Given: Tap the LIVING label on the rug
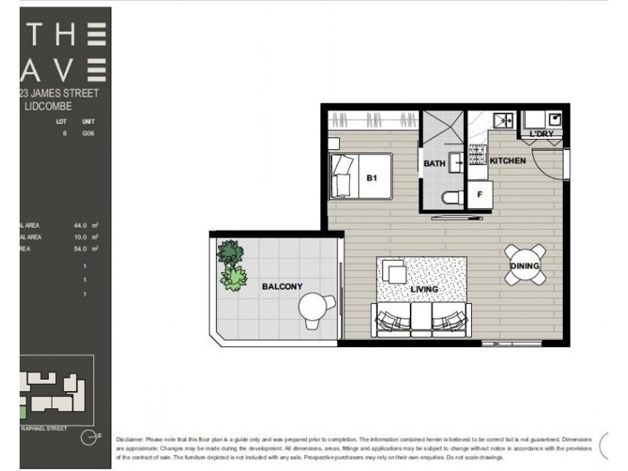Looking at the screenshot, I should coord(424,290).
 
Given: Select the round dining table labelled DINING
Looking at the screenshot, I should coord(524,265).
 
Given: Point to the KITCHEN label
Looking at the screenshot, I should coord(507,161).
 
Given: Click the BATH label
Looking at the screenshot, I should coord(434,164).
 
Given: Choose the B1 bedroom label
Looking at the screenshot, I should coord(372,178).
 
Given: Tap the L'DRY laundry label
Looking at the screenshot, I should coord(542,134).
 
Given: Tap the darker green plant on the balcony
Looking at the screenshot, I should coord(230,252).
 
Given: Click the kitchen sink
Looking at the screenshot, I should coord(502,120).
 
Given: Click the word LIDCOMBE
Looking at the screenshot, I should coord(49,106).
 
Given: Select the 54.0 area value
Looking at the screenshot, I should coord(79,248).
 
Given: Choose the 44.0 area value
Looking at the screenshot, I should coord(79,225).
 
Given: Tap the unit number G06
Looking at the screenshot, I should coord(88,134).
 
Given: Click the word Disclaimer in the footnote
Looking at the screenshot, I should coord(129,440).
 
